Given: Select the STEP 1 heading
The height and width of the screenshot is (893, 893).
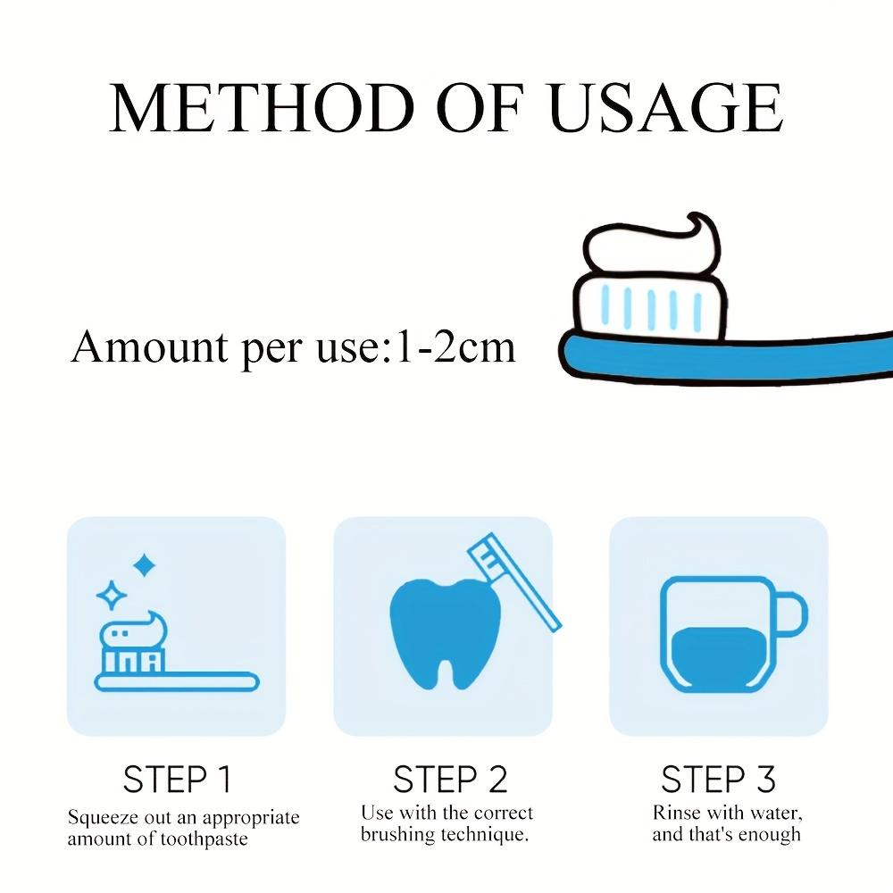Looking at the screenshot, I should [x=177, y=780].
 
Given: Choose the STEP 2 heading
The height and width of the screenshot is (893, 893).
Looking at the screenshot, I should [x=450, y=780].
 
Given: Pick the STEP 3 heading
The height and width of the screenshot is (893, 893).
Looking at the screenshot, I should [x=719, y=780].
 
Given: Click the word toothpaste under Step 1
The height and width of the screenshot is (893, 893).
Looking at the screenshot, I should [x=203, y=839].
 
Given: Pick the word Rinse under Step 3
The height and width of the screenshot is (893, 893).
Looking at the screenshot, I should [x=675, y=814].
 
